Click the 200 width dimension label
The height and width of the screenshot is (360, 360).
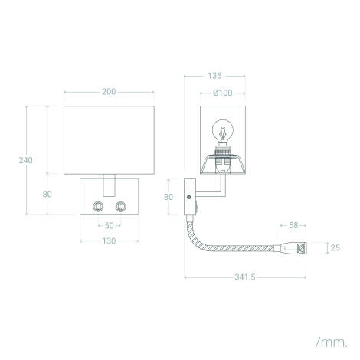point(109,92)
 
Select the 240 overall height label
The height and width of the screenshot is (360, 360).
point(25,160)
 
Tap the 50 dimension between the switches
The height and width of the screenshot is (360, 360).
point(110,225)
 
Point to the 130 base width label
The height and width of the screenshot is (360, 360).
point(110,241)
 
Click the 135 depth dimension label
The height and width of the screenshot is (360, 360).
point(214,76)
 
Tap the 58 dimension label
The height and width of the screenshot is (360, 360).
point(294,226)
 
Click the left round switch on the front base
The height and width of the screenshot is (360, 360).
point(98,206)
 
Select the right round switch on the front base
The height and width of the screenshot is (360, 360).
point(121,206)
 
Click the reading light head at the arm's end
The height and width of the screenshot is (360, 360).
point(296,248)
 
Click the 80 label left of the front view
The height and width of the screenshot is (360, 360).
point(47,194)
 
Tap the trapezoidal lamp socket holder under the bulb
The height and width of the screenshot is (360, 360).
point(222,165)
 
